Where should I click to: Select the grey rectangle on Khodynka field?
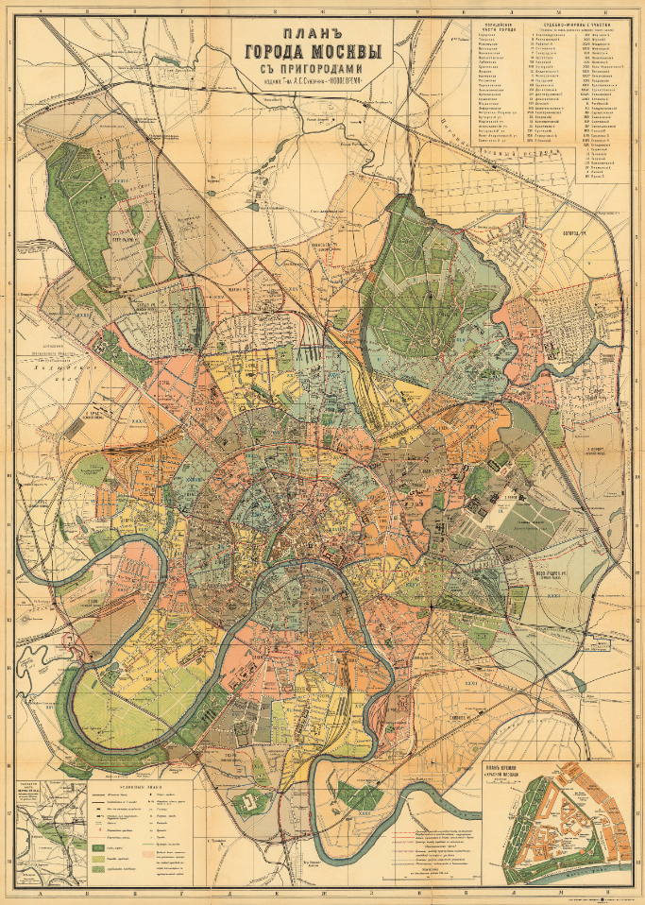[x=93, y=469]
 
